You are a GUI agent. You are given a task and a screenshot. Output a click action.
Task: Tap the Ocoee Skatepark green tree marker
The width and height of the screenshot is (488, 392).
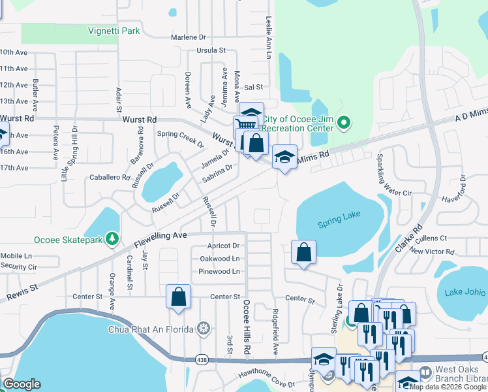coord(112,240)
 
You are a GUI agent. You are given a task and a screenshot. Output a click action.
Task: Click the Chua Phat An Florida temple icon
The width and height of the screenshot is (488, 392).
coord(204,328)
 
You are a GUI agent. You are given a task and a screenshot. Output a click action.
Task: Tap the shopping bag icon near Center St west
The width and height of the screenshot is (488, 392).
coord(178,297)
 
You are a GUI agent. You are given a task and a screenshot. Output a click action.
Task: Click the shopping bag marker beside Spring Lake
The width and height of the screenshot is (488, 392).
coord(303,252)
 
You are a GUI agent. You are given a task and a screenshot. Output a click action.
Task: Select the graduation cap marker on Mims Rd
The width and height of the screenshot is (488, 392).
coord(284,157)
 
